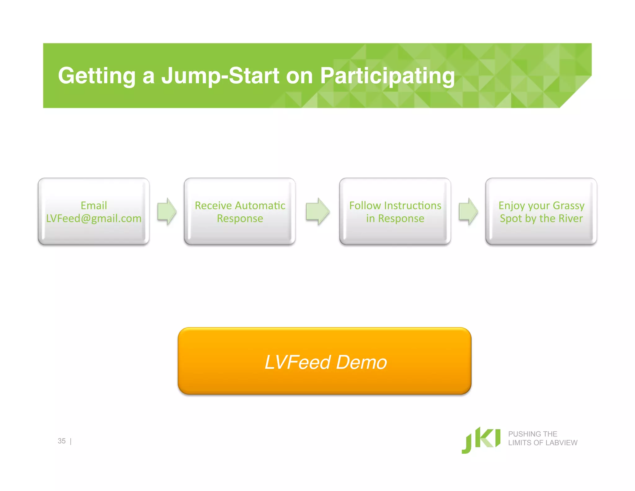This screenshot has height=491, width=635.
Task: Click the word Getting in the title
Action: point(96,76)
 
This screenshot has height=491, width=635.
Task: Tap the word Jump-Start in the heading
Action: point(220,76)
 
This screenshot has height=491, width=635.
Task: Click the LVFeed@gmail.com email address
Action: point(94,218)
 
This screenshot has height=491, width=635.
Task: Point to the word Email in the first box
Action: point(94,205)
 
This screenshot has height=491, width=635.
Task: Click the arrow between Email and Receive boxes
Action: point(167,211)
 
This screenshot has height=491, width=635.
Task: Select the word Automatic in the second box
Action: point(260,205)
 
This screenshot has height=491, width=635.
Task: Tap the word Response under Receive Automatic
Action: point(240,218)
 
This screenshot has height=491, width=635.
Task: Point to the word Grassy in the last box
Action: point(568,205)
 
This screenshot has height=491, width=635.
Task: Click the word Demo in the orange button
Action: point(362,362)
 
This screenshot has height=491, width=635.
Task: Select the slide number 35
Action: point(62,441)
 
